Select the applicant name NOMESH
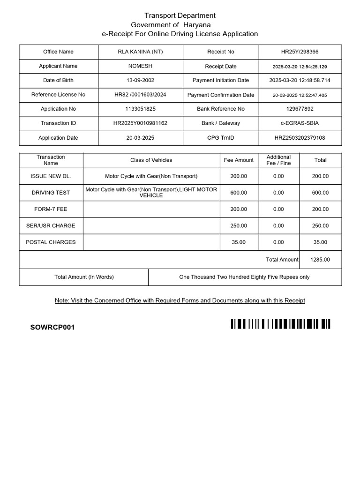(x=140, y=66)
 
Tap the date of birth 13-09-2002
(x=140, y=81)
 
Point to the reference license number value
(x=140, y=95)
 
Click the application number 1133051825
(x=140, y=109)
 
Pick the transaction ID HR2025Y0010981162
(x=140, y=123)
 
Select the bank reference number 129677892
(x=300, y=109)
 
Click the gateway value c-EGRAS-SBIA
(x=300, y=123)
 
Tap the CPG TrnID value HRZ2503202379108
(x=300, y=138)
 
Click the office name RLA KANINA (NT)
(x=140, y=52)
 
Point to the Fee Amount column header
(x=239, y=160)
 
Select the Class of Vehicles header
(x=151, y=160)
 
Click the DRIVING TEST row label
(x=51, y=193)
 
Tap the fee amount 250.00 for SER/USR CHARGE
(x=239, y=226)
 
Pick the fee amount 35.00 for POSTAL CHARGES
(x=239, y=242)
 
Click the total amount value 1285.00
(x=320, y=260)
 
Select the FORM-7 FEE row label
(x=51, y=209)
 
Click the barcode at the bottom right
(x=280, y=324)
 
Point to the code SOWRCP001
(x=52, y=327)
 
